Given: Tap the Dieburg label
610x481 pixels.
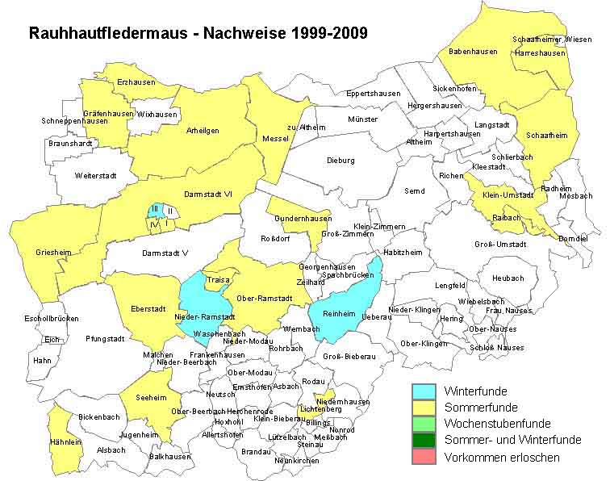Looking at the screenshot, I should pos(341,161).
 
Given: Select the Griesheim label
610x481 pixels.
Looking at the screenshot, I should pos(53,253).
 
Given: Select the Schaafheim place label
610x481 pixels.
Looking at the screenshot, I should pos(546,136).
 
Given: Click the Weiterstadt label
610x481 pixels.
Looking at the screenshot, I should pos(95,175).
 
